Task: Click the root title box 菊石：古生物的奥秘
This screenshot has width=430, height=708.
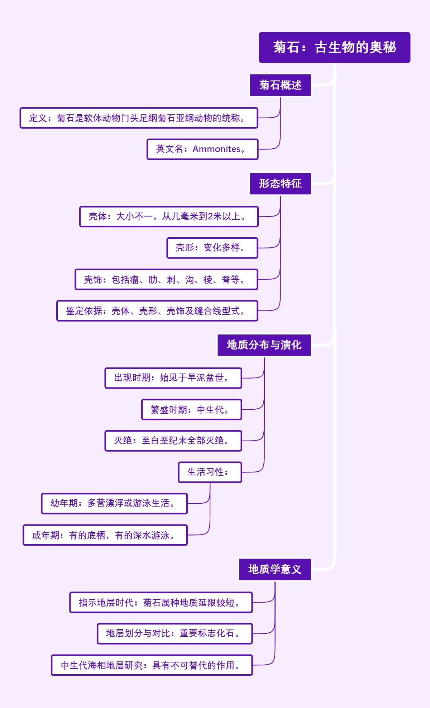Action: (334, 47)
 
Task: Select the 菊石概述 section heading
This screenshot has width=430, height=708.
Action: (280, 85)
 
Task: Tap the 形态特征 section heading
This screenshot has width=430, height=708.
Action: (280, 184)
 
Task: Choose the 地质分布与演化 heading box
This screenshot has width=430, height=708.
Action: (264, 345)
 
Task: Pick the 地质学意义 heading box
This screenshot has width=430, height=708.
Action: (275, 569)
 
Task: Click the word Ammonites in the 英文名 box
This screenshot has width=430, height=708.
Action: (216, 149)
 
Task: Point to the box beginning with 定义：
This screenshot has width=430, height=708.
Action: (139, 118)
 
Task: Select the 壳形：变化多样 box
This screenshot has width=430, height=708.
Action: (212, 248)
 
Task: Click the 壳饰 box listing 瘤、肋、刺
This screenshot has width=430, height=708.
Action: (166, 279)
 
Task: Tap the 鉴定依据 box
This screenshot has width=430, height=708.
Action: (157, 311)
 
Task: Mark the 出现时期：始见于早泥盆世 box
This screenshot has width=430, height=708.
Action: (173, 378)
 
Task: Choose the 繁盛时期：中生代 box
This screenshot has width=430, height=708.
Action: (191, 409)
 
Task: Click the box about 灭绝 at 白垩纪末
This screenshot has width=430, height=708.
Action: (173, 441)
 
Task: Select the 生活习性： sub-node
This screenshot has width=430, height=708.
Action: (210, 472)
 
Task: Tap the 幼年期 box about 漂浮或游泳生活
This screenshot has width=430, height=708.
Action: (114, 503)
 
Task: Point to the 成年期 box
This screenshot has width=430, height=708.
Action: (105, 535)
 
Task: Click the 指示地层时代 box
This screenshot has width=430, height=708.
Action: (161, 602)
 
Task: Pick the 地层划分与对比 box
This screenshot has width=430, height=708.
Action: (175, 633)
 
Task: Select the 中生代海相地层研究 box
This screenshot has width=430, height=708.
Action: (152, 665)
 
